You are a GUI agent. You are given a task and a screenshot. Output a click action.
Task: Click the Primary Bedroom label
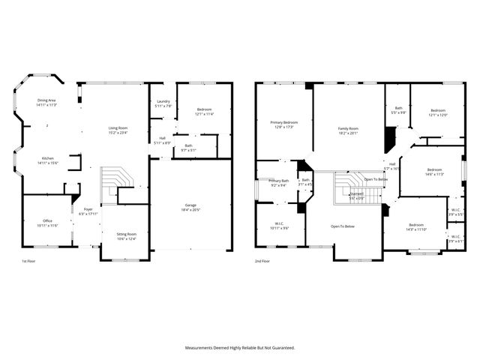click(283, 124)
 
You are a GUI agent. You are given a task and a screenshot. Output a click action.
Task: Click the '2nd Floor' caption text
click(263, 260)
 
